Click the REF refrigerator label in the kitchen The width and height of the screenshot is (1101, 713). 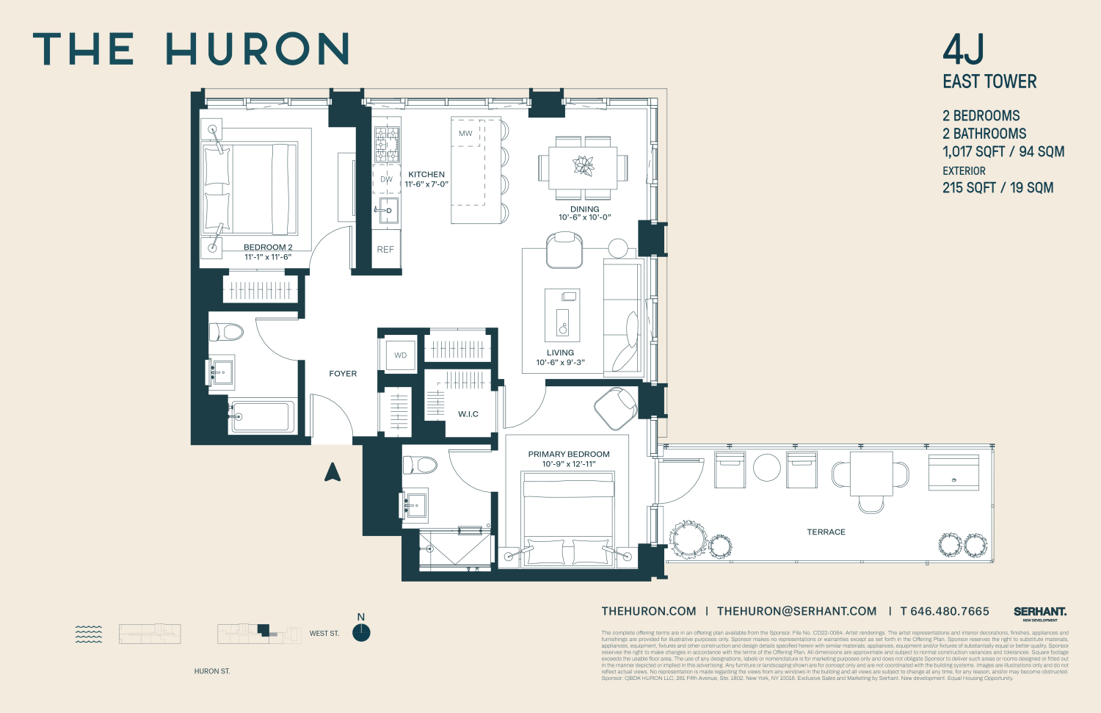click(x=385, y=250)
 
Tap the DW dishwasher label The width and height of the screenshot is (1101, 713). click(x=386, y=179)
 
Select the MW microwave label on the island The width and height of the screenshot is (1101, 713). click(x=465, y=134)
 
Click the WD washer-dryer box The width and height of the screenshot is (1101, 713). click(x=401, y=355)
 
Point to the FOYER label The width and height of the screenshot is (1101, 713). click(x=343, y=374)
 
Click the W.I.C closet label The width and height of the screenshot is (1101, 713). click(x=468, y=414)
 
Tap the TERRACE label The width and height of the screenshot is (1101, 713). click(x=826, y=532)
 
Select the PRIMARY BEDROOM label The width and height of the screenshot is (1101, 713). click(x=569, y=455)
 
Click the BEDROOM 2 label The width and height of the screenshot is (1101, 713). click(x=268, y=247)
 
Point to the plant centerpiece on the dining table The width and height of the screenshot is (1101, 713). click(x=584, y=165)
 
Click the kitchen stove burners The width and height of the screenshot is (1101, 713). click(x=387, y=145)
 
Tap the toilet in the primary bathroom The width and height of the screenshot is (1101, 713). click(x=419, y=465)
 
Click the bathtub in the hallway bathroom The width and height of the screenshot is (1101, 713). click(x=262, y=417)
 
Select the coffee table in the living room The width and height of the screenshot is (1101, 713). click(x=562, y=315)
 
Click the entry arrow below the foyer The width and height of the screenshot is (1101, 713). click(x=333, y=472)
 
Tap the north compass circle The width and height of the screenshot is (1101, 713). click(x=361, y=632)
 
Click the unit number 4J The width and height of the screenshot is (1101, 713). click(x=963, y=50)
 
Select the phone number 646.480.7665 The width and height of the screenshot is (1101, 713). click(x=949, y=612)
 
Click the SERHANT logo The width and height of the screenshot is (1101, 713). click(x=1039, y=612)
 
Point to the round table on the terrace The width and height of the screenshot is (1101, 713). click(x=767, y=468)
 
